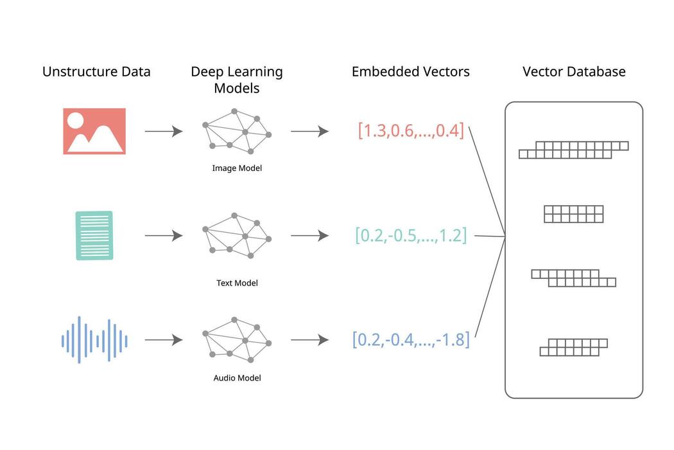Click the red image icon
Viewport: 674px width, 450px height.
click(x=94, y=131)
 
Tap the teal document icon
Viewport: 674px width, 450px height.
click(x=94, y=235)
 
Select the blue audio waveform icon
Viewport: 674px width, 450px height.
click(x=94, y=339)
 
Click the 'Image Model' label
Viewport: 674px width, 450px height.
click(x=237, y=168)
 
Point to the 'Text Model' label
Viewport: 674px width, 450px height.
click(x=237, y=283)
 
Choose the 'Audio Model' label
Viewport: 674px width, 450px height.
click(x=237, y=378)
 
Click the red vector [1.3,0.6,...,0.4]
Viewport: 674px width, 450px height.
click(x=411, y=130)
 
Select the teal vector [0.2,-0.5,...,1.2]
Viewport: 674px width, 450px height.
click(x=411, y=235)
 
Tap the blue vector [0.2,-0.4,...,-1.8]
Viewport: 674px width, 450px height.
click(x=411, y=339)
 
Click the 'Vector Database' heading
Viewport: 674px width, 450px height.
click(x=574, y=71)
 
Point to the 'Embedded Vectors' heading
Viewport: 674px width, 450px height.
click(x=410, y=71)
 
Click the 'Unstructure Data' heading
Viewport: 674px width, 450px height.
click(x=96, y=71)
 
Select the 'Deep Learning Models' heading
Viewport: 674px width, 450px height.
click(x=237, y=80)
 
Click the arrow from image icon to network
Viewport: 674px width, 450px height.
click(x=164, y=131)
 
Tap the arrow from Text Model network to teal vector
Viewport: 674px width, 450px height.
click(x=309, y=236)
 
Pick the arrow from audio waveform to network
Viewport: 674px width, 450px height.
click(x=164, y=340)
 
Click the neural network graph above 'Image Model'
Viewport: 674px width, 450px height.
click(x=237, y=132)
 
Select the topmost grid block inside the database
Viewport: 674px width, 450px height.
click(x=573, y=150)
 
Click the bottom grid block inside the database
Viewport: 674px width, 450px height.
click(x=573, y=347)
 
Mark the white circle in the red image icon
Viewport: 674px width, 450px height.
click(x=75, y=120)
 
